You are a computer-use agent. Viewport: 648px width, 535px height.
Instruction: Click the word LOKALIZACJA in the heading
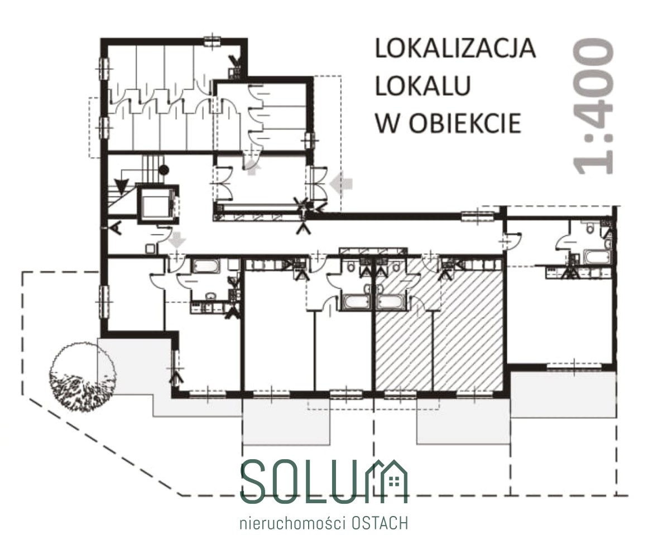(x=455, y=48)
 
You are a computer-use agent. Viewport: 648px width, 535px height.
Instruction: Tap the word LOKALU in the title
(x=423, y=85)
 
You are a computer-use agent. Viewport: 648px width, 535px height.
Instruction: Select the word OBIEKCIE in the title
(x=465, y=123)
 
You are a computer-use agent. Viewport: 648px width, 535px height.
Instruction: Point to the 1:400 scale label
(x=593, y=106)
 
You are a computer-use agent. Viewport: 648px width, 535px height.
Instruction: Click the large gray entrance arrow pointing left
(x=342, y=183)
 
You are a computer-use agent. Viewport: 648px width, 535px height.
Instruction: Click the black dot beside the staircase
(x=164, y=169)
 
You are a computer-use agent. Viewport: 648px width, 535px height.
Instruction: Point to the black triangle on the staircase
(x=122, y=187)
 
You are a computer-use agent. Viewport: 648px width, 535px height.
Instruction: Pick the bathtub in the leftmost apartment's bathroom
(x=204, y=266)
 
